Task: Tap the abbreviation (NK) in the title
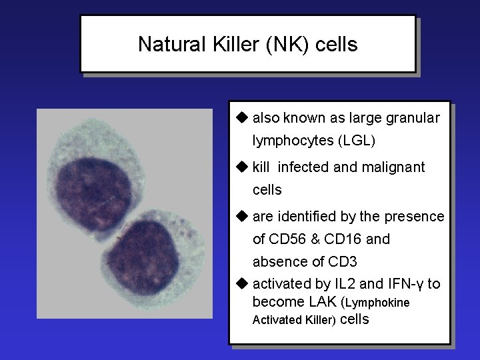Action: tap(281, 45)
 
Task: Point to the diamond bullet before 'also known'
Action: tap(241, 118)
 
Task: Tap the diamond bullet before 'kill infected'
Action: tap(241, 166)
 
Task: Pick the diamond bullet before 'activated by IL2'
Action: tap(241, 284)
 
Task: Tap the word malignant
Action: tap(393, 167)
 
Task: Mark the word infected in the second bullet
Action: tap(302, 167)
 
